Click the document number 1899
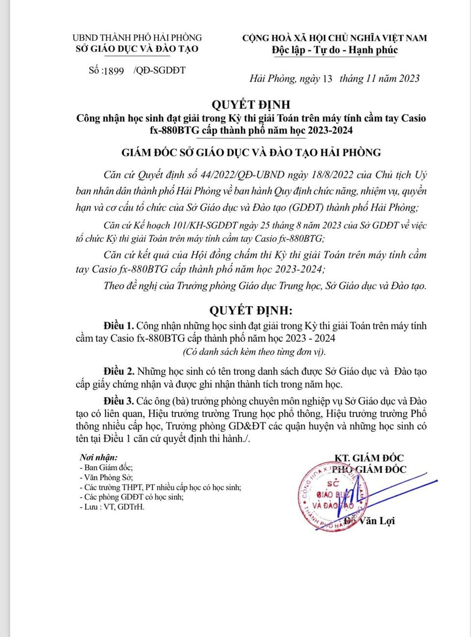tap(114, 71)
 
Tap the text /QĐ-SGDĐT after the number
tap(159, 70)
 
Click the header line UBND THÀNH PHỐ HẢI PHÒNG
tap(137, 37)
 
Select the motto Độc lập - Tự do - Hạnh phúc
tap(335, 50)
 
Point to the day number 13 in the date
tap(327, 78)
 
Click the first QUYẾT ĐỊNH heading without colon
tap(251, 104)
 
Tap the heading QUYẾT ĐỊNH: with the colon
tap(251, 310)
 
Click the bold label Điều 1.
tap(118, 326)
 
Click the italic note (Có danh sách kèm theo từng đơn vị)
tap(254, 352)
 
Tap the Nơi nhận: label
tap(99, 458)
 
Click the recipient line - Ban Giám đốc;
tap(106, 468)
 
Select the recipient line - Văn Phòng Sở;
tap(106, 477)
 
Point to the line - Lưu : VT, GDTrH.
tap(112, 507)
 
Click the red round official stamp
tap(333, 496)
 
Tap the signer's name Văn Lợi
tap(376, 521)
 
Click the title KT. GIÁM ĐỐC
tap(369, 458)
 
